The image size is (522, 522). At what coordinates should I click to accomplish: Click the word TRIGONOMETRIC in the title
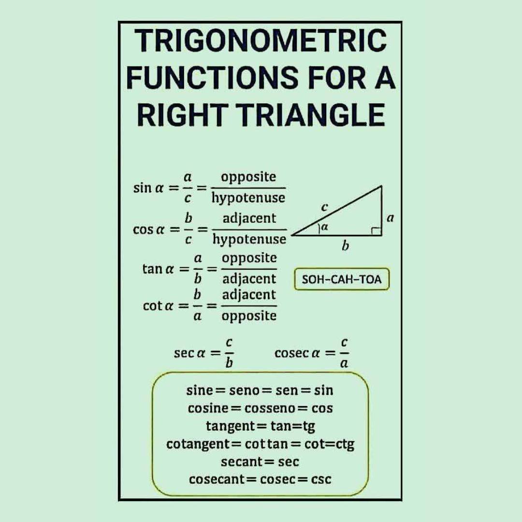pyautogui.click(x=261, y=41)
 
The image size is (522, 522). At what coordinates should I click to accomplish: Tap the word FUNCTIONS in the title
pyautogui.click(x=212, y=78)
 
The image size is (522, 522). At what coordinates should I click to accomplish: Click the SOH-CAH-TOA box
pyautogui.click(x=342, y=279)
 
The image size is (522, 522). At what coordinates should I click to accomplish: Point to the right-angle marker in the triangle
pyautogui.click(x=377, y=231)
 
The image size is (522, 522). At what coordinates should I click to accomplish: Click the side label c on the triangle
pyautogui.click(x=325, y=207)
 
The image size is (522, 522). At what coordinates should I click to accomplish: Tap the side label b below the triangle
pyautogui.click(x=346, y=246)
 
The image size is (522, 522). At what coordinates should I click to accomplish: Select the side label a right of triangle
pyautogui.click(x=391, y=218)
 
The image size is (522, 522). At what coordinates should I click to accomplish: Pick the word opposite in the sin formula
pyautogui.click(x=249, y=177)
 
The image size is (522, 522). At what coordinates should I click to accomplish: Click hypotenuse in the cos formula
pyautogui.click(x=249, y=239)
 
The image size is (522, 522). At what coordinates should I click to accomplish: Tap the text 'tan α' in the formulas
pyautogui.click(x=158, y=269)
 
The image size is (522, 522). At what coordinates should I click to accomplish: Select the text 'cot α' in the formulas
pyautogui.click(x=158, y=305)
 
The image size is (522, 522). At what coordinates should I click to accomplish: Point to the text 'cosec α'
pyautogui.click(x=297, y=353)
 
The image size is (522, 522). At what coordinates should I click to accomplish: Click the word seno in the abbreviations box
pyautogui.click(x=245, y=390)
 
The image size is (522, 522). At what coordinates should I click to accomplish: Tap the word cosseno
pyautogui.click(x=270, y=408)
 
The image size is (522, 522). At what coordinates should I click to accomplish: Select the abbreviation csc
pyautogui.click(x=321, y=479)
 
